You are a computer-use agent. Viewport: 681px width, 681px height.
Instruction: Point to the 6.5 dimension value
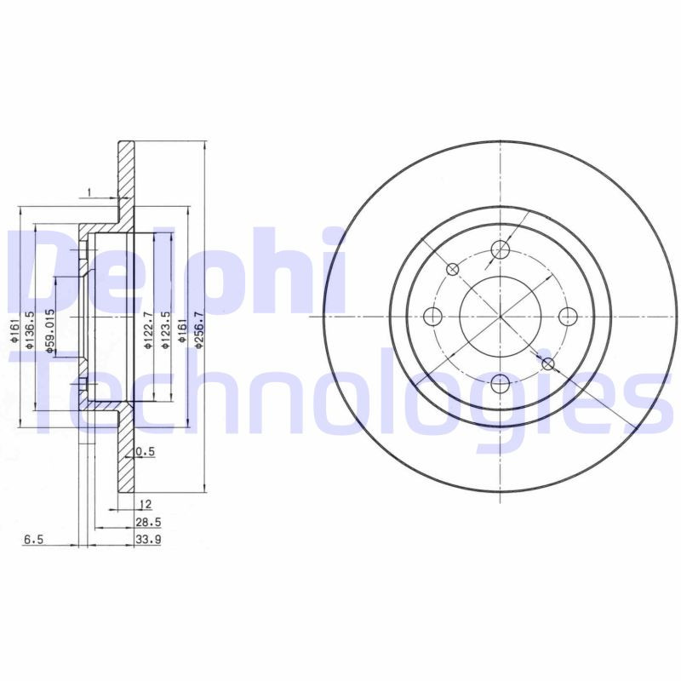tap(34, 539)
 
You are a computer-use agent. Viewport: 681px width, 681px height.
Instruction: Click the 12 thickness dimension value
tap(146, 503)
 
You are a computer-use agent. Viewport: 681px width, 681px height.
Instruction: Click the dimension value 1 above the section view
tap(89, 192)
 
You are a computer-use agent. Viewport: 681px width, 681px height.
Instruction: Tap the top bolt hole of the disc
tap(501, 249)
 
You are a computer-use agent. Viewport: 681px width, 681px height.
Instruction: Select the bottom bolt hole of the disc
tap(501, 384)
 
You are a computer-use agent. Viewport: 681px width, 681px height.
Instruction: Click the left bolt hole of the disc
tap(433, 317)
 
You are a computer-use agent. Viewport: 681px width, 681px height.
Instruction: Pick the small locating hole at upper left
tap(453, 269)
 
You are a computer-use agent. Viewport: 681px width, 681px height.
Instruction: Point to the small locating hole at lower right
tap(548, 364)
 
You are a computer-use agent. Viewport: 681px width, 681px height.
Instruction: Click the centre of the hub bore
tap(501, 317)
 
